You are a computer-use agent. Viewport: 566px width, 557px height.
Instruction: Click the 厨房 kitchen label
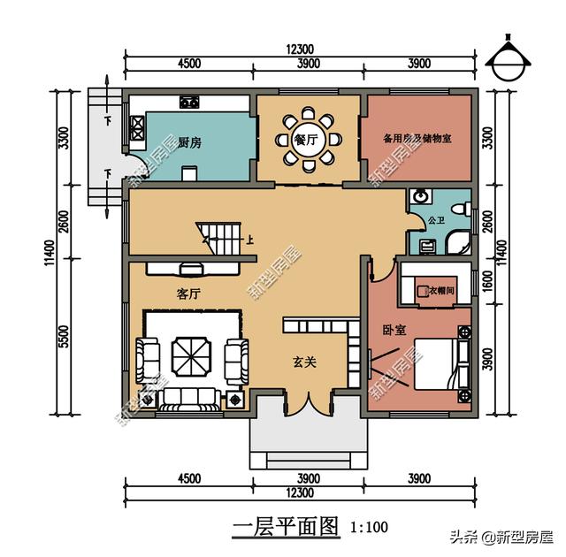pos(189,142)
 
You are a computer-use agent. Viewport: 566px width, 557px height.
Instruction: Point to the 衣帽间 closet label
pos(440,289)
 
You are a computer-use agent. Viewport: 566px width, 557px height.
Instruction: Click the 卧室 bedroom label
pos(394,330)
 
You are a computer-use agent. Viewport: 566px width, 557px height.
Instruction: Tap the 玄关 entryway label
pos(307,361)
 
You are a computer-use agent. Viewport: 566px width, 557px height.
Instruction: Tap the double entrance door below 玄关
pos(307,406)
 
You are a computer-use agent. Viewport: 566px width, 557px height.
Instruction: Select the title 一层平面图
pos(286,528)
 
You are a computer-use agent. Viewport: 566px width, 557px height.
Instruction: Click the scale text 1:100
pos(370,529)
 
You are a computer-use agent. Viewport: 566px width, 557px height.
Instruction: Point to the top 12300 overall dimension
pos(301,50)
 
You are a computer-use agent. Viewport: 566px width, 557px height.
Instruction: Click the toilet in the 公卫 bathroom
pos(459,210)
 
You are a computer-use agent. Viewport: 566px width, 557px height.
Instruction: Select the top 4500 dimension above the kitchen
pos(189,65)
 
